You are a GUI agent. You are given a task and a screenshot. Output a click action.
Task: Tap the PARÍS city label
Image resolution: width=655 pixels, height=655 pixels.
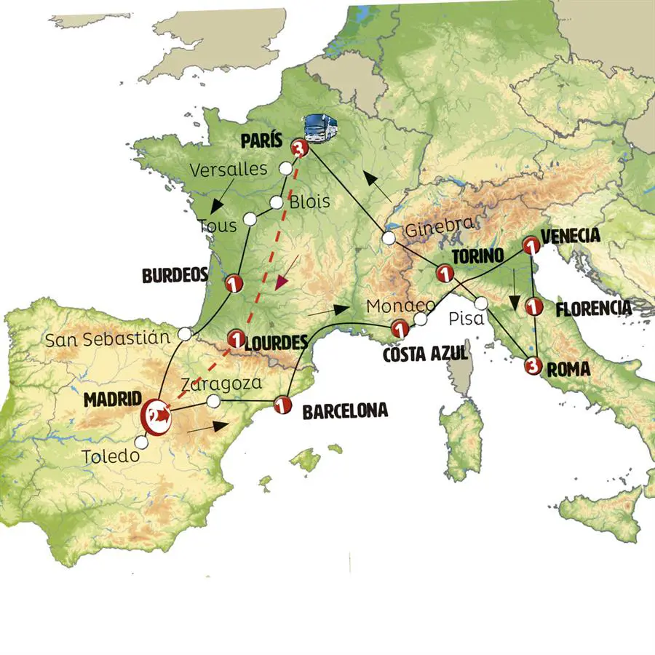click(260, 140)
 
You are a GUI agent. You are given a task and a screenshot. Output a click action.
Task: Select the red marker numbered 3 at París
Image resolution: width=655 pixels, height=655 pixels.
click(299, 149)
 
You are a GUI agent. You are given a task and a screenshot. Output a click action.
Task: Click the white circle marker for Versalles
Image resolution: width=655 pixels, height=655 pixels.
click(287, 169)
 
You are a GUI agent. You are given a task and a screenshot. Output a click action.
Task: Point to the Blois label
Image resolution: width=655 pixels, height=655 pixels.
click(309, 202)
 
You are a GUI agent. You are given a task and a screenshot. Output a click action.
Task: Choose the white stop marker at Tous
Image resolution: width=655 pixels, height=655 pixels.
click(250, 218)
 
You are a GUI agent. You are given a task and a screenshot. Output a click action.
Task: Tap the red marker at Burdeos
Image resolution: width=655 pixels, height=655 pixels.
click(234, 283)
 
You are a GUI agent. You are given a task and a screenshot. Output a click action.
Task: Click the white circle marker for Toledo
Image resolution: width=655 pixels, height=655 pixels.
click(142, 442)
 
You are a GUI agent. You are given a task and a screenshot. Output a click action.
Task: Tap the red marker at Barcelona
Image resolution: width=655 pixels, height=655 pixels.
click(282, 404)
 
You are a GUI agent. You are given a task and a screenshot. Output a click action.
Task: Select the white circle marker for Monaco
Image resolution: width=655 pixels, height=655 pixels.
click(421, 319)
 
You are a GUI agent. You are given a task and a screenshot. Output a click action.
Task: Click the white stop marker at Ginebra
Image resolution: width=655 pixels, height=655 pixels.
click(389, 237)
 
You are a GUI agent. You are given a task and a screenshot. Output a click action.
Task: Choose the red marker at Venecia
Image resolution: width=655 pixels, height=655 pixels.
click(532, 248)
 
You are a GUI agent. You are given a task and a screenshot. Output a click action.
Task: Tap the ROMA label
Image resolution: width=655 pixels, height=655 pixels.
click(568, 370)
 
